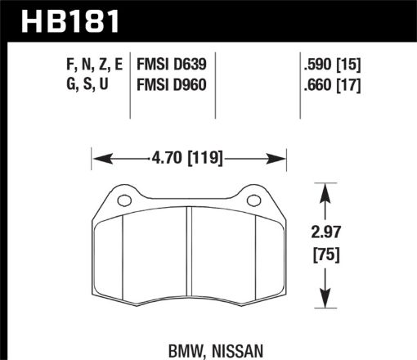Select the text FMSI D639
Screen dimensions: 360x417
[x=173, y=63]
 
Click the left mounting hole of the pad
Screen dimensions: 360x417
[x=124, y=201]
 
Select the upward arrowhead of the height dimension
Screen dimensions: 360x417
[x=326, y=191]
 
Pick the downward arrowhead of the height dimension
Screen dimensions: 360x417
[x=326, y=302]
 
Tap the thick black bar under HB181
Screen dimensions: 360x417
[x=208, y=38]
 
